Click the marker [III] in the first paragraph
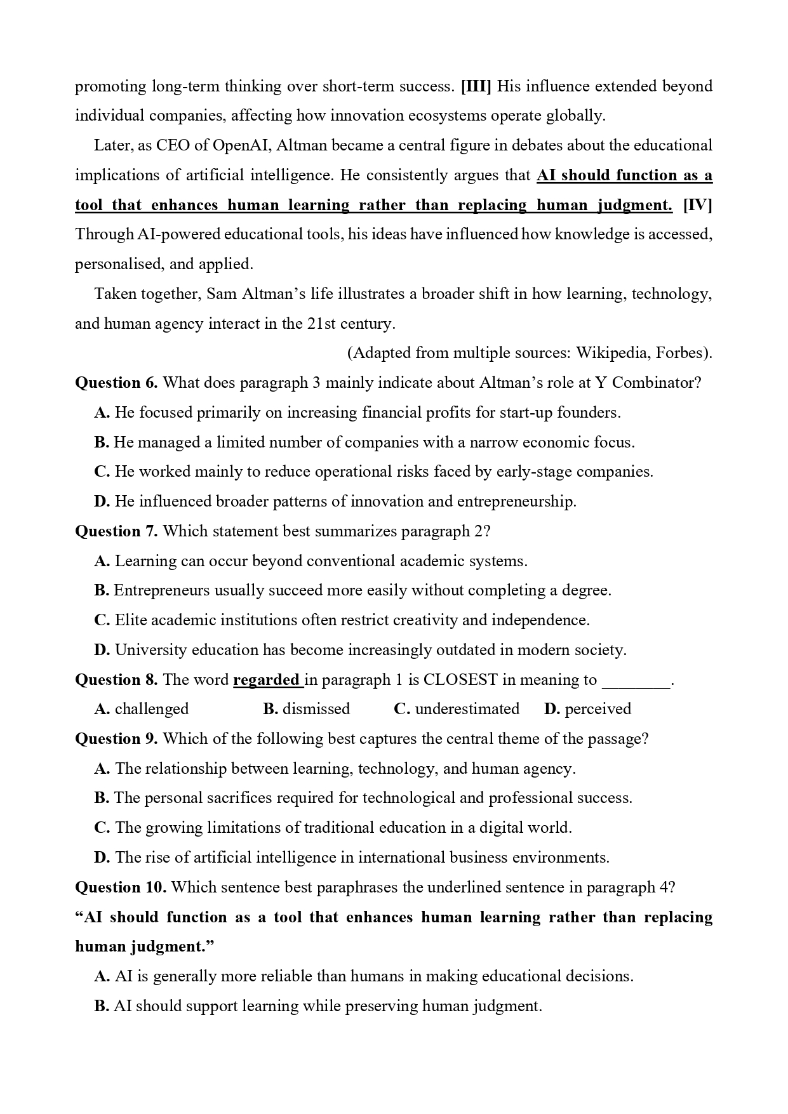tap(476, 86)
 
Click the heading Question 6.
tap(116, 383)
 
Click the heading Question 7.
tap(116, 531)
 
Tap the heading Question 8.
tap(116, 680)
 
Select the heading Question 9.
tap(116, 739)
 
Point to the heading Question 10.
tap(121, 887)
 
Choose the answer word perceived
tap(598, 709)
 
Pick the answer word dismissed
tap(316, 709)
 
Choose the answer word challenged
tap(152, 709)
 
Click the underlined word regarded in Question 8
tap(267, 680)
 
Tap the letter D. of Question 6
tap(102, 501)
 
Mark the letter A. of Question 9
tap(102, 769)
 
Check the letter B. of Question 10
tap(102, 1006)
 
